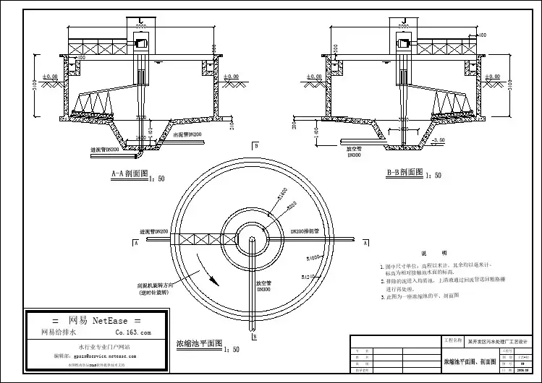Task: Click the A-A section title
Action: pos(130,173)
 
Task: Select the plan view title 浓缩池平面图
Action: pos(199,343)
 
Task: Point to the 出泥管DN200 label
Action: pos(187,134)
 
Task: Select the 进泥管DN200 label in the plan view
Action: pos(153,232)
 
